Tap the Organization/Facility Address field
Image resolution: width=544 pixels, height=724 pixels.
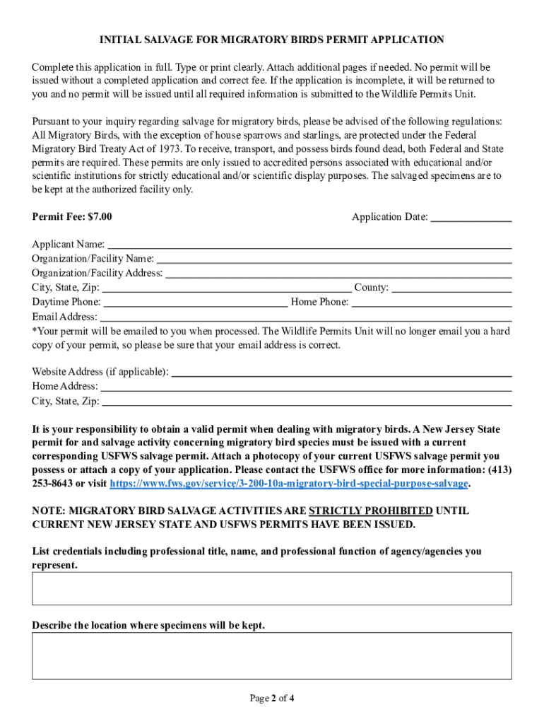click(338, 274)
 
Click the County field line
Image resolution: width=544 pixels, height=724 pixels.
click(451, 288)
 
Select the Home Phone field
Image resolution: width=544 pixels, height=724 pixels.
click(432, 303)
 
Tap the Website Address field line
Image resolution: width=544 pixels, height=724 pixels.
click(342, 373)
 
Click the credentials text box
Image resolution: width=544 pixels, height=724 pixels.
click(272, 588)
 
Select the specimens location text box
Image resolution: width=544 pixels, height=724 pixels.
click(272, 655)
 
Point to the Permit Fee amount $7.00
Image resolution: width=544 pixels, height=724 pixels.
click(98, 216)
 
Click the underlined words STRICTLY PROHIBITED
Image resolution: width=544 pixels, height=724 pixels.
click(371, 510)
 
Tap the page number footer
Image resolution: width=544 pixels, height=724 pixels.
click(272, 699)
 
